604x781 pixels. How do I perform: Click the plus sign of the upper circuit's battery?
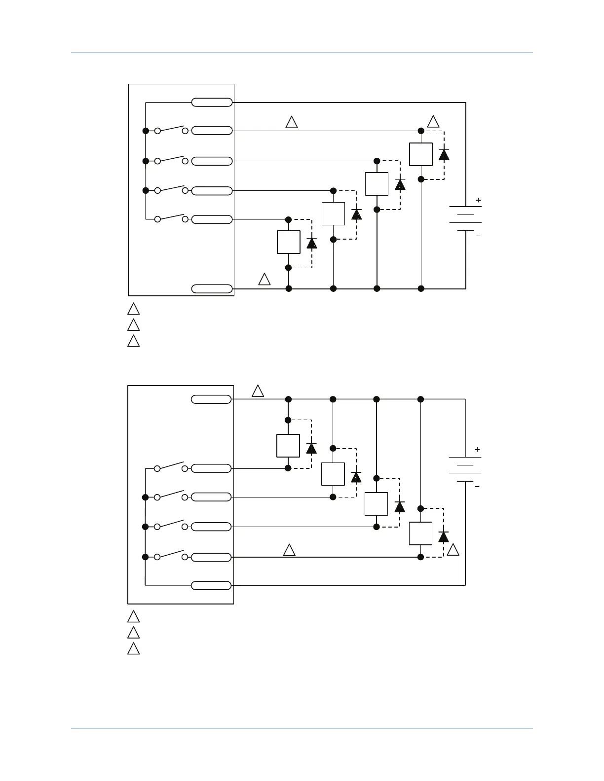[x=478, y=200]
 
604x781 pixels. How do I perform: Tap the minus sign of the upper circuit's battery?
[x=478, y=236]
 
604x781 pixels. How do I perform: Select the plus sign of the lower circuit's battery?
[x=477, y=450]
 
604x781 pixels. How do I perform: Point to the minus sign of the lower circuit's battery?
[x=477, y=487]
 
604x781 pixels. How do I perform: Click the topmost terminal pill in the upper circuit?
[x=212, y=103]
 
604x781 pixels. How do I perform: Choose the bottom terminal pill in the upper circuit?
[x=212, y=288]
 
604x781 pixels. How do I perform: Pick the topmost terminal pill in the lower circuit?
[x=211, y=399]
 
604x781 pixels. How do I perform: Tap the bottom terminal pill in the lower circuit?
[x=211, y=585]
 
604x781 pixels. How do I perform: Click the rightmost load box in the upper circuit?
[x=421, y=154]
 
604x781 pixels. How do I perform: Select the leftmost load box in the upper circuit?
[x=289, y=242]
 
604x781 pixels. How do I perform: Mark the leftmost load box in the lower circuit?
[x=288, y=446]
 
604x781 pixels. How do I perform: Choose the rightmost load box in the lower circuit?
[x=420, y=533]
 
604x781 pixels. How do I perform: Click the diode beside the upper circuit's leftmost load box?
[x=311, y=243]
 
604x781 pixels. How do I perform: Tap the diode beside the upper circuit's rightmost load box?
[x=444, y=154]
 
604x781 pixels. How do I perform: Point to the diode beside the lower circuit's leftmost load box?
[x=311, y=448]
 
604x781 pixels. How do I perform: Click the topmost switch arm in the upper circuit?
[x=171, y=128]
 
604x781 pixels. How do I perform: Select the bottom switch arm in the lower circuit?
[x=171, y=554]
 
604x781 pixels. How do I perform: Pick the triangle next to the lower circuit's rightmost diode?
[x=453, y=550]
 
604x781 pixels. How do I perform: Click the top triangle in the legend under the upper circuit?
[x=133, y=309]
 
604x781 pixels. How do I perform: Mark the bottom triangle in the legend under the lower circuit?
[x=133, y=648]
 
